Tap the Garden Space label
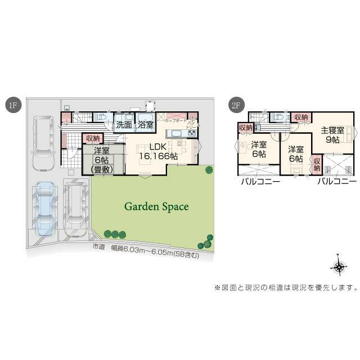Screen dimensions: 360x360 [156, 206]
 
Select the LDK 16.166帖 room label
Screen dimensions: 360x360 [158, 152]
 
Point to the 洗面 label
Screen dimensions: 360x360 [125, 125]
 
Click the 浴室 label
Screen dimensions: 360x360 [146, 125]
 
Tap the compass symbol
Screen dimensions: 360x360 [340, 267]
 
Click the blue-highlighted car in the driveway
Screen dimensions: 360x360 [43, 208]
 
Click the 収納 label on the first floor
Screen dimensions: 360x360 [93, 138]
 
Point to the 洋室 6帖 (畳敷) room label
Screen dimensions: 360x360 [102, 160]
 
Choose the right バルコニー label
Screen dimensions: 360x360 [336, 181]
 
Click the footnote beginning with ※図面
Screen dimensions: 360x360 [286, 288]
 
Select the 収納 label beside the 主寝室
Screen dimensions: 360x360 [301, 117]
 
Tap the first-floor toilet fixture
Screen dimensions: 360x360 [102, 117]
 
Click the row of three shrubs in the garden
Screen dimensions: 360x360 [115, 234]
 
